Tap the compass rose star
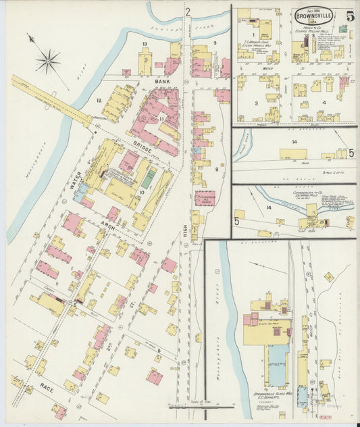point(48,62)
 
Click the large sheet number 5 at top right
point(350,16)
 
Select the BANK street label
point(161,82)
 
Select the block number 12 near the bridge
point(99,101)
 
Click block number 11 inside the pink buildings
point(162,119)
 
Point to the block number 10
point(141,192)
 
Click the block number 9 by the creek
point(215,43)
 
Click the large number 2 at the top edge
point(188,10)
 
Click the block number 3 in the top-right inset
point(256,103)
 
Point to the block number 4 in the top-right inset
point(324,103)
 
